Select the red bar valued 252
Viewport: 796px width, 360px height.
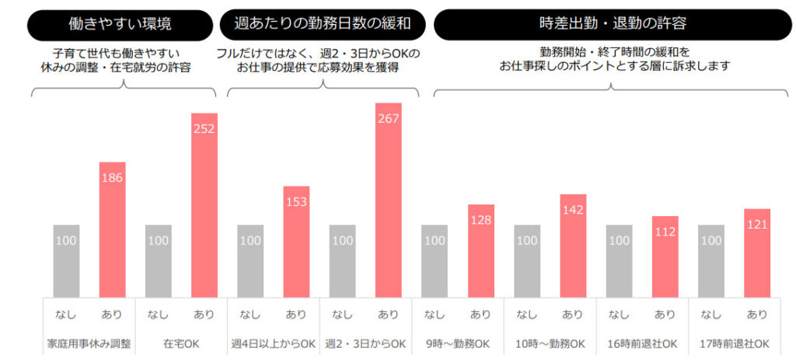204,205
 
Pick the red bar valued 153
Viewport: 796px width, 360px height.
296,242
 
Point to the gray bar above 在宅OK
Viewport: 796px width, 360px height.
158,261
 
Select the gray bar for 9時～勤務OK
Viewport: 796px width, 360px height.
435,261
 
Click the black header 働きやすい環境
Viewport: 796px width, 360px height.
120,24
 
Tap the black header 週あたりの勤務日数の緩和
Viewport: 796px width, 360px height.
323,24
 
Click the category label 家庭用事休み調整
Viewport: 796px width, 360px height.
89,343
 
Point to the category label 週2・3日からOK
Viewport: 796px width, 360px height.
365,343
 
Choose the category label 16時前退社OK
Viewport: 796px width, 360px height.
642,343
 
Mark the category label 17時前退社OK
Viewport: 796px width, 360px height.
734,343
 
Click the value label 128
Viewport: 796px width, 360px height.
480,221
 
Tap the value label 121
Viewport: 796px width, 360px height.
756,225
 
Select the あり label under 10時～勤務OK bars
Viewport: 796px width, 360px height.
572,315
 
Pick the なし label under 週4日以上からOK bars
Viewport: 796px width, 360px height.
250,315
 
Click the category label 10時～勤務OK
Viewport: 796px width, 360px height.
550,343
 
